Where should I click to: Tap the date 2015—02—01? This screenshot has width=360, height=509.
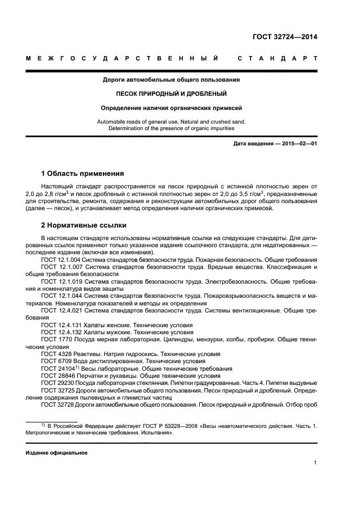[x=298, y=144]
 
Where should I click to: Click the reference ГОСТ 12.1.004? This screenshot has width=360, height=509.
[x=60, y=261]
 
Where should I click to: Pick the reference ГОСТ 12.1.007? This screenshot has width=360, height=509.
[x=60, y=268]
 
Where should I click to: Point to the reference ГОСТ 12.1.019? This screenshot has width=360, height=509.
[x=60, y=282]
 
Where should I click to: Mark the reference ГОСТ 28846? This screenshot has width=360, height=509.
[x=56, y=376]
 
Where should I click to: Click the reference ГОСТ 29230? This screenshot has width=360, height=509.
[x=56, y=383]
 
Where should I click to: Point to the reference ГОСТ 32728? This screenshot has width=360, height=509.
[x=56, y=405]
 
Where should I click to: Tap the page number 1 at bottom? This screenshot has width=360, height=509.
[x=315, y=463]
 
